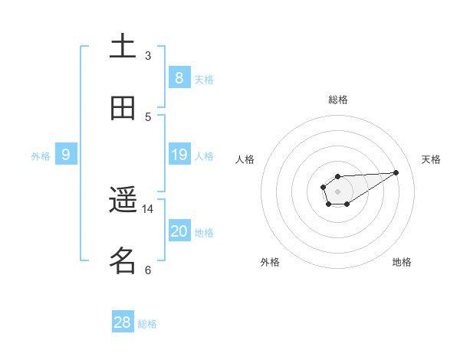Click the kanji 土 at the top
point(123,46)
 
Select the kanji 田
point(123,108)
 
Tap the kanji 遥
point(123,201)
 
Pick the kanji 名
point(123,261)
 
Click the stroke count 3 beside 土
point(148,56)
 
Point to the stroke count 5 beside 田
point(148,116)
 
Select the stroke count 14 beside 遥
point(148,208)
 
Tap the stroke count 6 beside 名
point(148,270)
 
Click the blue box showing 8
point(179,77)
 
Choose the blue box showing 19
point(179,155)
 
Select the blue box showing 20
point(179,231)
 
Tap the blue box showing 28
point(123,322)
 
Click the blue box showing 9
point(66,155)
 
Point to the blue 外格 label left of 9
point(41,156)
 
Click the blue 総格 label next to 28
point(147,324)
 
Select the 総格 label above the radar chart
point(337,100)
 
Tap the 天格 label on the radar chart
point(431,159)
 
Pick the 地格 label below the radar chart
point(402,262)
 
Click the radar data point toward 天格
point(396,172)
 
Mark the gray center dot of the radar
point(337,191)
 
